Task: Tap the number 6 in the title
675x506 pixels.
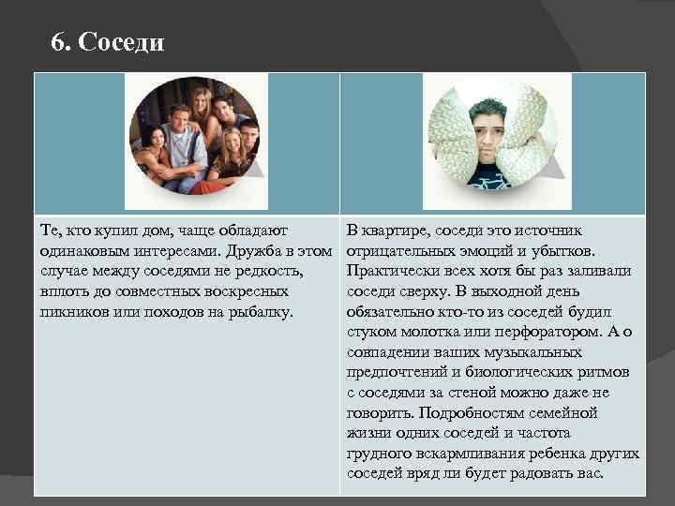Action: [x=59, y=42]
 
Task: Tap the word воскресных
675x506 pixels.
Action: [x=247, y=290]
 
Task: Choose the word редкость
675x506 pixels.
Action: [x=269, y=271]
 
